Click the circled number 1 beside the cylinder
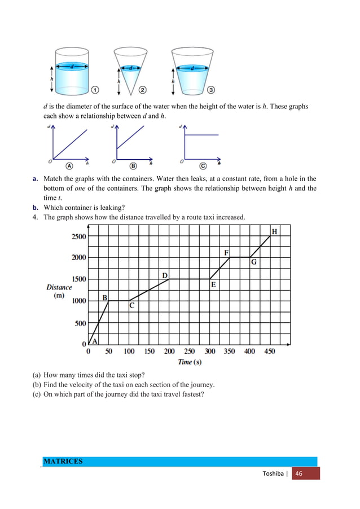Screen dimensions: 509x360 96,89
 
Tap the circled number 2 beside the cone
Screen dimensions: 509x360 143,89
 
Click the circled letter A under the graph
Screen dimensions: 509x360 69,166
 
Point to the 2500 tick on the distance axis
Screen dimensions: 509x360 78,236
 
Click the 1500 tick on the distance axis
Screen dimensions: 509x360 78,279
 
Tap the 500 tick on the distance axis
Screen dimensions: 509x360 80,323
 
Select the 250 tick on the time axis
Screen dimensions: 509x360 190,351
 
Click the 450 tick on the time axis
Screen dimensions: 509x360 270,351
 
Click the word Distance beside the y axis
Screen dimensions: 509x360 59,287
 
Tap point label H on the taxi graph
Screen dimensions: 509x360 274,231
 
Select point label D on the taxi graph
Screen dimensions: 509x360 165,275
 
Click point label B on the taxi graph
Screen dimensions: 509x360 104,297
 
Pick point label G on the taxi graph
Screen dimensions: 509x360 254,262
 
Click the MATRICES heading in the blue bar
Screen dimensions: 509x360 63,462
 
